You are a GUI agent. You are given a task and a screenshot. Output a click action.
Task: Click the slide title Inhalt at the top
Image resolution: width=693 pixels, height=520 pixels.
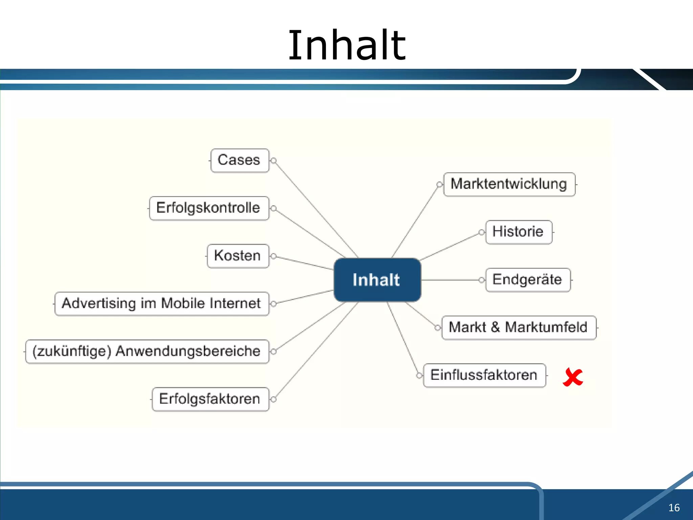click(x=346, y=45)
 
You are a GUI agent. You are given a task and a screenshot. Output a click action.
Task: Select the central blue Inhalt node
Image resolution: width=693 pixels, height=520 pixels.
click(x=377, y=280)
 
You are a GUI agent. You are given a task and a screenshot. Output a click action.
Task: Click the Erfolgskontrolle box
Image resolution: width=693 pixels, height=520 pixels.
click(x=209, y=208)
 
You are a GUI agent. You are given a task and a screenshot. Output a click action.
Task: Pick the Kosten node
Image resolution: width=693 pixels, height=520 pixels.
click(x=238, y=256)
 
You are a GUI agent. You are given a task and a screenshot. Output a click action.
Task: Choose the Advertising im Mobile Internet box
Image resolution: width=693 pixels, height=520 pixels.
click(x=162, y=304)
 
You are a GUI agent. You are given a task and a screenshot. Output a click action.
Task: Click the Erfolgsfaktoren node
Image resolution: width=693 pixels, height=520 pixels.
click(x=210, y=399)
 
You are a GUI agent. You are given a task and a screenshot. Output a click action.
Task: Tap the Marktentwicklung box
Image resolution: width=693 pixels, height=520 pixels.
click(x=509, y=184)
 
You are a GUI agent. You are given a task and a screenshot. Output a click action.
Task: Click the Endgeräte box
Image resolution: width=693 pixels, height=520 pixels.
click(x=528, y=280)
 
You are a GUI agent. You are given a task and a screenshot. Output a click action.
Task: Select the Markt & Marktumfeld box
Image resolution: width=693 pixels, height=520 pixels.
click(x=518, y=328)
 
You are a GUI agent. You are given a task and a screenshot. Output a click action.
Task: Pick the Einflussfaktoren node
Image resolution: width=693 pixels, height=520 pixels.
click(x=484, y=375)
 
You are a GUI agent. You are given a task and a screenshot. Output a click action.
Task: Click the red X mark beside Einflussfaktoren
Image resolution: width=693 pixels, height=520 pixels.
click(x=573, y=377)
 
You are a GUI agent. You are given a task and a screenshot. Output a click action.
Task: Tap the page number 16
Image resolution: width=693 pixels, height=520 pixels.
click(x=674, y=507)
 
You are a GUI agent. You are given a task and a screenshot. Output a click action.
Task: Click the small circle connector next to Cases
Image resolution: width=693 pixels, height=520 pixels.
click(x=274, y=160)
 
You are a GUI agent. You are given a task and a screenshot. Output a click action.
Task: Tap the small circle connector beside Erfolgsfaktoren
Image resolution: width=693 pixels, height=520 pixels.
click(x=274, y=399)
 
